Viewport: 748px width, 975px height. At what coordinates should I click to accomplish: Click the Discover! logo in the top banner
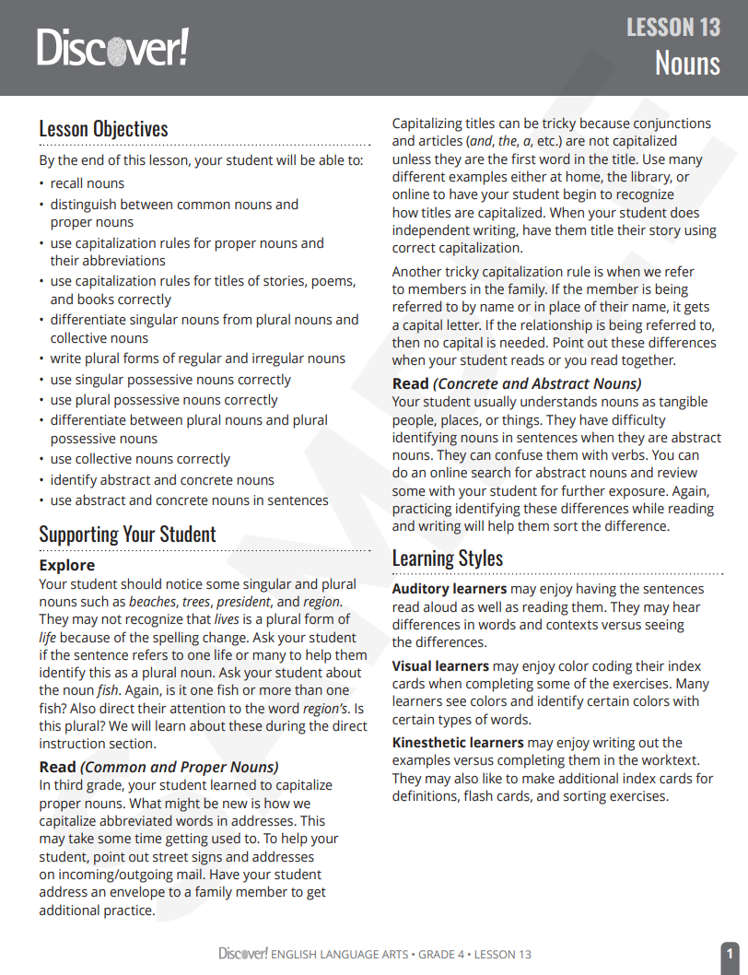click(112, 47)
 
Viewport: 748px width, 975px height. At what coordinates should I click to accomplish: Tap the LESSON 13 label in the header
click(673, 28)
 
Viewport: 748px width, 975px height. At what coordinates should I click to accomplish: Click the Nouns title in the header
click(687, 64)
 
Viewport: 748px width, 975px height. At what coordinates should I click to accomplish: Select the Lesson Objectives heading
click(103, 129)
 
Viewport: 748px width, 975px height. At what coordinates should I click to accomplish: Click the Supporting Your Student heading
click(127, 534)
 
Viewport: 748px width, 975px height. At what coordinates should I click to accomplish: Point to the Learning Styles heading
click(448, 558)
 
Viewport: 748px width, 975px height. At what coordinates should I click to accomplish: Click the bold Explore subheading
click(66, 565)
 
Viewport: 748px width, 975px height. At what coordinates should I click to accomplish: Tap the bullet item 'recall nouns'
click(87, 183)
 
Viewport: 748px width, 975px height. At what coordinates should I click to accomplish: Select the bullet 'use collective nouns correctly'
click(140, 459)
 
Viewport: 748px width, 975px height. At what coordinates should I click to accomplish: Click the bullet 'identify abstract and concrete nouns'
click(162, 479)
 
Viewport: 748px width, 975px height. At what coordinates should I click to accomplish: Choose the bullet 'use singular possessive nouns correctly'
click(170, 380)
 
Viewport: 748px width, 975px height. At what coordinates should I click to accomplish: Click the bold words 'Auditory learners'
click(450, 589)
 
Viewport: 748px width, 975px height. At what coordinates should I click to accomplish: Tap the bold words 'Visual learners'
click(440, 665)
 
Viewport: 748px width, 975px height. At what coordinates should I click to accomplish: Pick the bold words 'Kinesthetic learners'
click(458, 743)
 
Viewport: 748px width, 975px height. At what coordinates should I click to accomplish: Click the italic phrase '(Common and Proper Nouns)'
click(180, 767)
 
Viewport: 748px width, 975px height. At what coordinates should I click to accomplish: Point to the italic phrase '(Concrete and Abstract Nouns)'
click(537, 383)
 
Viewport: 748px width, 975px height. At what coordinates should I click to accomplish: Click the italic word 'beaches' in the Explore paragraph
click(152, 602)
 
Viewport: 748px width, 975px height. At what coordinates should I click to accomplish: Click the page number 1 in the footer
click(729, 954)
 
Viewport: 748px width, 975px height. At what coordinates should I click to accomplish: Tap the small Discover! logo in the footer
click(242, 954)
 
